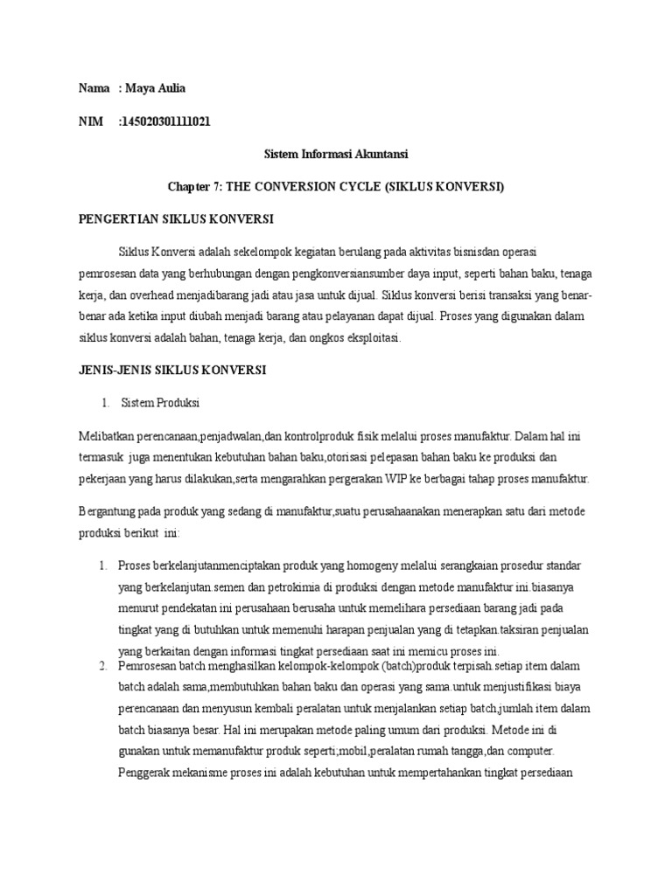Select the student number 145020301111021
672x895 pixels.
[x=164, y=121]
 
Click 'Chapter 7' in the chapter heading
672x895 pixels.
[x=197, y=186]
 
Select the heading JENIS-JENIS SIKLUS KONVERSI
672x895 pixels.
[x=172, y=370]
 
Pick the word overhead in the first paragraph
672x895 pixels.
[x=172, y=295]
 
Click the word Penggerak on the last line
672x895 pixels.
[x=146, y=772]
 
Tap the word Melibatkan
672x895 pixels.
[x=108, y=435]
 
